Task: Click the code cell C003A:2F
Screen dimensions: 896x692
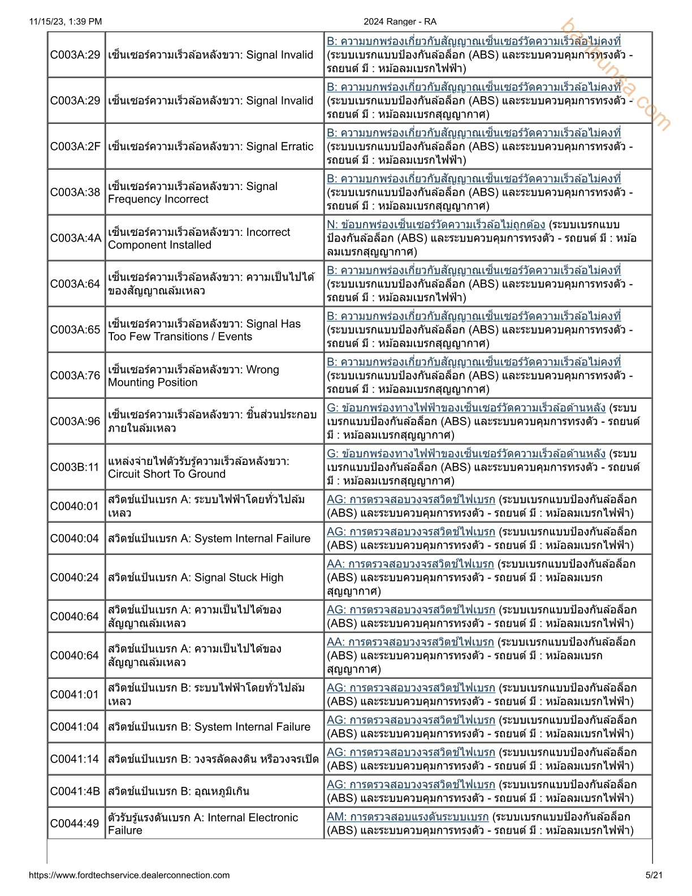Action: (x=75, y=147)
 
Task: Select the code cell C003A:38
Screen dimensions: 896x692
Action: (x=75, y=192)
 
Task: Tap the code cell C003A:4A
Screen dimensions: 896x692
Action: (x=76, y=238)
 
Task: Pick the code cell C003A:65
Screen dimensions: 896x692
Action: (x=75, y=330)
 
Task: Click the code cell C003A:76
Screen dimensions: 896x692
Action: (x=75, y=376)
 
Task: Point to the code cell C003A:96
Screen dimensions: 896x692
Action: (x=75, y=421)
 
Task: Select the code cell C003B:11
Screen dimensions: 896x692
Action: (x=75, y=467)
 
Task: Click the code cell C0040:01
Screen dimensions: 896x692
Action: (x=75, y=506)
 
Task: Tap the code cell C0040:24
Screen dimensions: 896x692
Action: (x=75, y=578)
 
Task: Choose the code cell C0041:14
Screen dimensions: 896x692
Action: (x=75, y=759)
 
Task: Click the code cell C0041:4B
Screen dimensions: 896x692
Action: (x=75, y=791)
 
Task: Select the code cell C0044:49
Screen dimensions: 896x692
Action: (x=75, y=824)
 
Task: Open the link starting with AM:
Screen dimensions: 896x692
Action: (x=408, y=817)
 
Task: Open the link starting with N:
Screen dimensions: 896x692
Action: (x=436, y=225)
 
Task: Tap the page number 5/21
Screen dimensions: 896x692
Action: (x=654, y=875)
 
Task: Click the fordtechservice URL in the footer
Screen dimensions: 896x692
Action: (x=129, y=875)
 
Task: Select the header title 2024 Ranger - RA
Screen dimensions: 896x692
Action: (x=400, y=21)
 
